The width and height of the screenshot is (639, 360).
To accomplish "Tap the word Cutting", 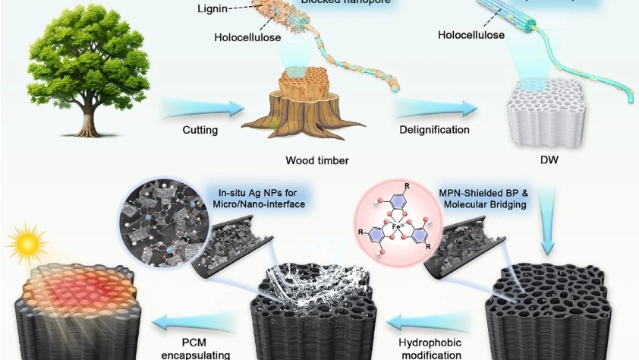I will coord(200,130).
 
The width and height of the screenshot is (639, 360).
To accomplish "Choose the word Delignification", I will coord(434,130).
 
